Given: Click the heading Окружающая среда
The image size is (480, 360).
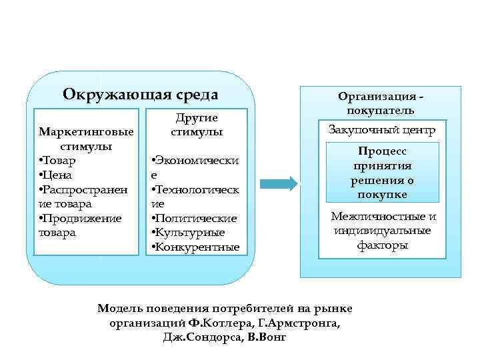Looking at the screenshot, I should (140, 94).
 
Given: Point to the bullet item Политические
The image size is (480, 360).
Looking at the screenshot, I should (195, 219).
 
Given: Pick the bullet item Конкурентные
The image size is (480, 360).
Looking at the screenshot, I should (196, 247).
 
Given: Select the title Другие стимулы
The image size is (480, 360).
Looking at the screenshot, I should (196, 125).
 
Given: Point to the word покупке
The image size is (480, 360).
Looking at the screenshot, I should (383, 195).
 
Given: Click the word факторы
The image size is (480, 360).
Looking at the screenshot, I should (383, 245).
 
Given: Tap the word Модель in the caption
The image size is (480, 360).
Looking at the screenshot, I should (119, 309).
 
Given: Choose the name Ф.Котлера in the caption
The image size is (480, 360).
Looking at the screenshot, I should (219, 323).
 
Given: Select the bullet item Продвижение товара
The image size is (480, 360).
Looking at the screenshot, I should (80, 225).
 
